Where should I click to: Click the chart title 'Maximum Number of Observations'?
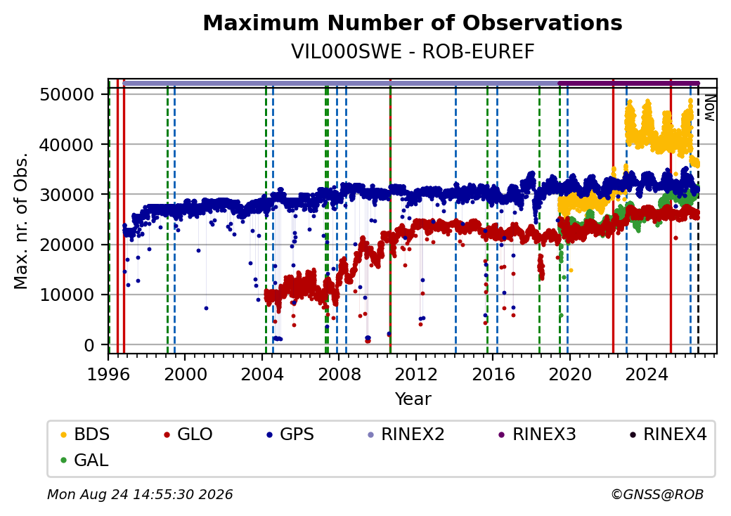(x=413, y=22)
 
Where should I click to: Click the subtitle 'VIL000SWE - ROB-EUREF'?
(x=413, y=52)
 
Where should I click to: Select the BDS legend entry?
(x=85, y=434)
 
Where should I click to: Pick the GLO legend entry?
(x=188, y=434)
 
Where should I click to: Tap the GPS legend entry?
(x=290, y=434)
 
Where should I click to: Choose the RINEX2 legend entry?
(x=406, y=434)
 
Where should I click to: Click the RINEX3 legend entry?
(x=537, y=434)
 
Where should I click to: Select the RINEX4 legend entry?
(x=668, y=434)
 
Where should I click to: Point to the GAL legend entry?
(x=85, y=460)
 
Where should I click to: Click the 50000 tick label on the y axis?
(x=67, y=95)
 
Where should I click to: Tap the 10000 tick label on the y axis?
(x=67, y=295)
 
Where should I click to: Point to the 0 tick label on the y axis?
(x=89, y=345)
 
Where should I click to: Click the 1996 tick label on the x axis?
(x=109, y=374)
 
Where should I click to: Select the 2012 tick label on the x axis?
(x=416, y=374)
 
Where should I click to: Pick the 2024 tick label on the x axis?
(x=647, y=374)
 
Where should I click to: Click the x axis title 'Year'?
(x=413, y=399)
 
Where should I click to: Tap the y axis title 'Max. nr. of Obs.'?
(x=21, y=221)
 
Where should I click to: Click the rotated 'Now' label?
(x=709, y=108)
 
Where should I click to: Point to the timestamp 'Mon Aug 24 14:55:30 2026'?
(x=140, y=494)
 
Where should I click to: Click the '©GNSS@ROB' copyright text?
(x=657, y=494)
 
